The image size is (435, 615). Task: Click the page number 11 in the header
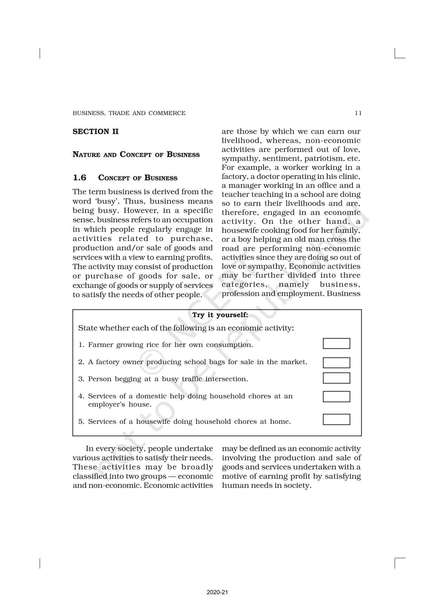coord(358,113)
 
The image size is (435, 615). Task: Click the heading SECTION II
coord(95,132)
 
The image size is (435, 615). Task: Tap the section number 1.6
coord(79,178)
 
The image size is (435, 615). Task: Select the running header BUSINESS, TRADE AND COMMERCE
coord(129,113)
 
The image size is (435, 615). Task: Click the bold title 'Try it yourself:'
coord(220,315)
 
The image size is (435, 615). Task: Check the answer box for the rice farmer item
coord(336,343)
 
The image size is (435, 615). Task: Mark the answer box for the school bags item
coord(336,362)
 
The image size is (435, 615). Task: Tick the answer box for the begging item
coord(336,378)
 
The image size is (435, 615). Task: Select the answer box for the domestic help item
coord(336,396)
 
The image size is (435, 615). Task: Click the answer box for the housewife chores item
coord(336,419)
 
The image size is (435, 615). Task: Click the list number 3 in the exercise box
coord(81,379)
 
